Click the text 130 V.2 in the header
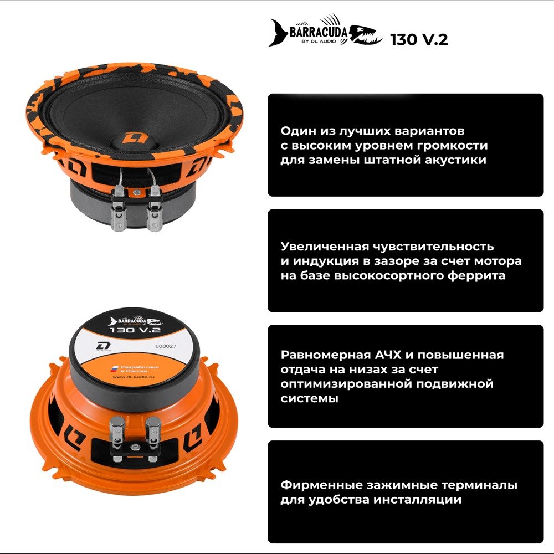pos(419,40)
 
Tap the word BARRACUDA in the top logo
pos(318,32)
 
